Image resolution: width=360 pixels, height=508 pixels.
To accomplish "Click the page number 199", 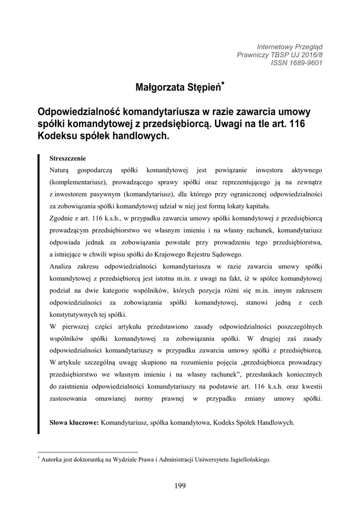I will pos(180,486).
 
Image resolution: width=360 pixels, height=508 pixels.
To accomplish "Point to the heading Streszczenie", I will pos(68,159).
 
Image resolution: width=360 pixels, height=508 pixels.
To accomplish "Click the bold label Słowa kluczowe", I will pos(74,423).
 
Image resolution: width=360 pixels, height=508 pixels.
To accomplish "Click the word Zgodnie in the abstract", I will pos(61,218).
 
